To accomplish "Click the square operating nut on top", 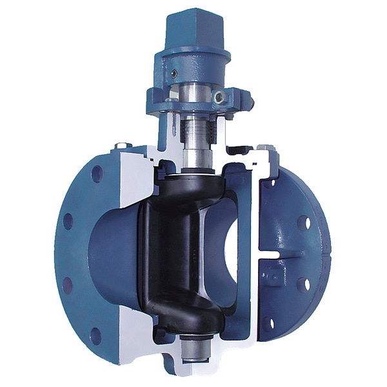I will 193,26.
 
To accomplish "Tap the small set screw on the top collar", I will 173,74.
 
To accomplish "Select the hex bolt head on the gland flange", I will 220,97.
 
